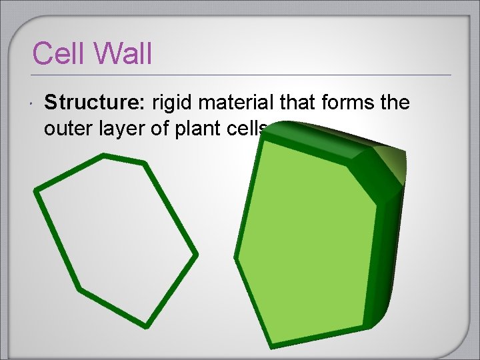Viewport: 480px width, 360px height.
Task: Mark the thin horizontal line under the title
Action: pos(240,74)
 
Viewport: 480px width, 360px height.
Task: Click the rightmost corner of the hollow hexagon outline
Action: pos(195,254)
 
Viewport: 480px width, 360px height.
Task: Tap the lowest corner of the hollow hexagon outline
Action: pos(145,325)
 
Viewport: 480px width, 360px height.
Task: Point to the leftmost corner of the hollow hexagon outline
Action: pos(36,190)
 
